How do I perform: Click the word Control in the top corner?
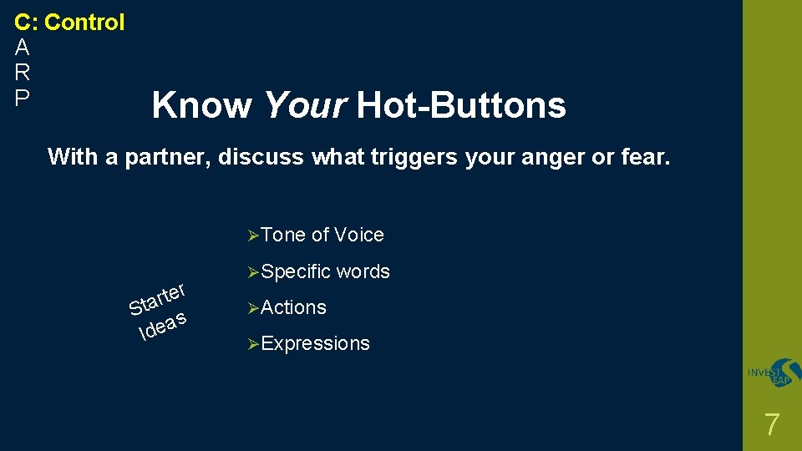(84, 23)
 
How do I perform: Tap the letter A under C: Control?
(23, 48)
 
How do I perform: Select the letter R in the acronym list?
(23, 73)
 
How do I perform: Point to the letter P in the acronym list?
(23, 98)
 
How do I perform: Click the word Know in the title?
(201, 106)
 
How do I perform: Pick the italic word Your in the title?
(304, 106)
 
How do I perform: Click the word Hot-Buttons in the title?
(461, 106)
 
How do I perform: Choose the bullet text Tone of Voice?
(322, 236)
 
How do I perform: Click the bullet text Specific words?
(326, 271)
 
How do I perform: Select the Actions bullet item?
(293, 307)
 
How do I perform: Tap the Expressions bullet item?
(315, 343)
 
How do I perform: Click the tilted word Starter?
(157, 300)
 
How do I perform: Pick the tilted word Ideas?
(163, 327)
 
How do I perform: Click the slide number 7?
(772, 425)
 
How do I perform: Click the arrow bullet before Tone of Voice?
(255, 236)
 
